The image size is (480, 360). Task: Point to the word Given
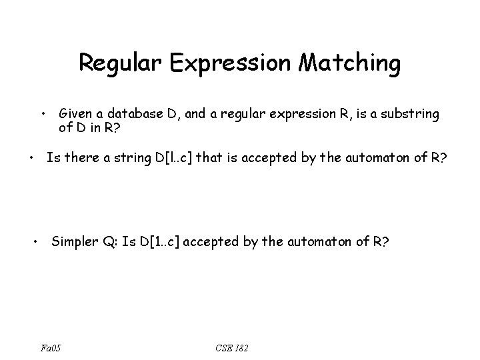76,114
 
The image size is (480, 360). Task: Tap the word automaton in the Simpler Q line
323,241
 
